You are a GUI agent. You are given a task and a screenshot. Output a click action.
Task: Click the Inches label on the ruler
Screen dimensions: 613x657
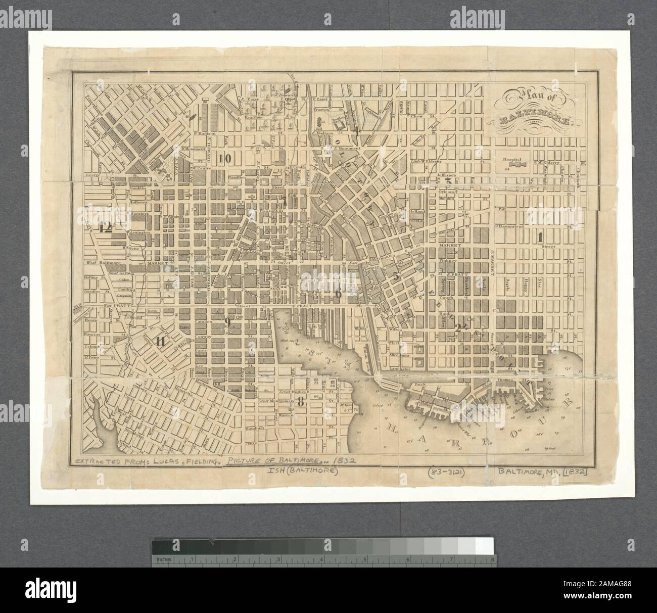(163, 559)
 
